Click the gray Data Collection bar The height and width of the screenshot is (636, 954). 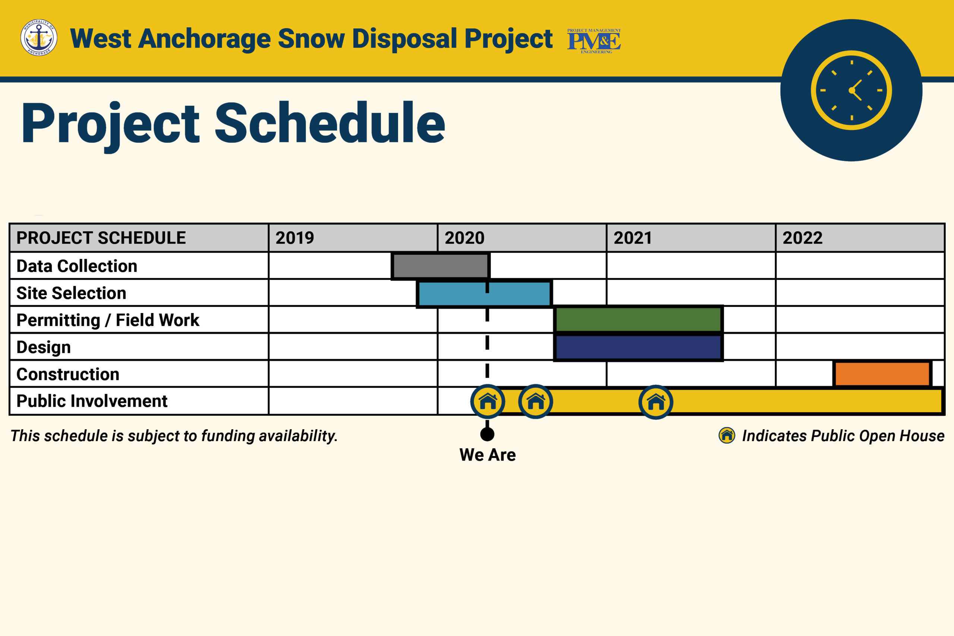(440, 266)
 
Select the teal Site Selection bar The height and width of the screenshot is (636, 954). (484, 293)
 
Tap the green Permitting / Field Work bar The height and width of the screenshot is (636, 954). (638, 320)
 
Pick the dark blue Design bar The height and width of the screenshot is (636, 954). (638, 347)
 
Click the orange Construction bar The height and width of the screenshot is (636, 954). (882, 374)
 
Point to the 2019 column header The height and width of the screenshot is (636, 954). (295, 238)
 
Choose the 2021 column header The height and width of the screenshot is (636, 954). (633, 238)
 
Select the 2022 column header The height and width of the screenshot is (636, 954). (802, 238)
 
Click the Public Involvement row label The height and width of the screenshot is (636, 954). (92, 401)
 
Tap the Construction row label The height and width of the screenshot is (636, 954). (68, 374)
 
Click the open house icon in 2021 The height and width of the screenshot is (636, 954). (656, 402)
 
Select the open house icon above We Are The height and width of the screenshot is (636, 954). (487, 402)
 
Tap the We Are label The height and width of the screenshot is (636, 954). (487, 455)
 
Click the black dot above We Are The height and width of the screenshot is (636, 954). (487, 434)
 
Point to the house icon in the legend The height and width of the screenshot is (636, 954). (727, 436)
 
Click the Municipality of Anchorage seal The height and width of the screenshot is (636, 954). (39, 38)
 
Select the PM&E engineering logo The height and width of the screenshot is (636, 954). (594, 41)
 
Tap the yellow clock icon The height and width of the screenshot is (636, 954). (852, 90)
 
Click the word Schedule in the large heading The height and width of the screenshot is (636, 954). (330, 123)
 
